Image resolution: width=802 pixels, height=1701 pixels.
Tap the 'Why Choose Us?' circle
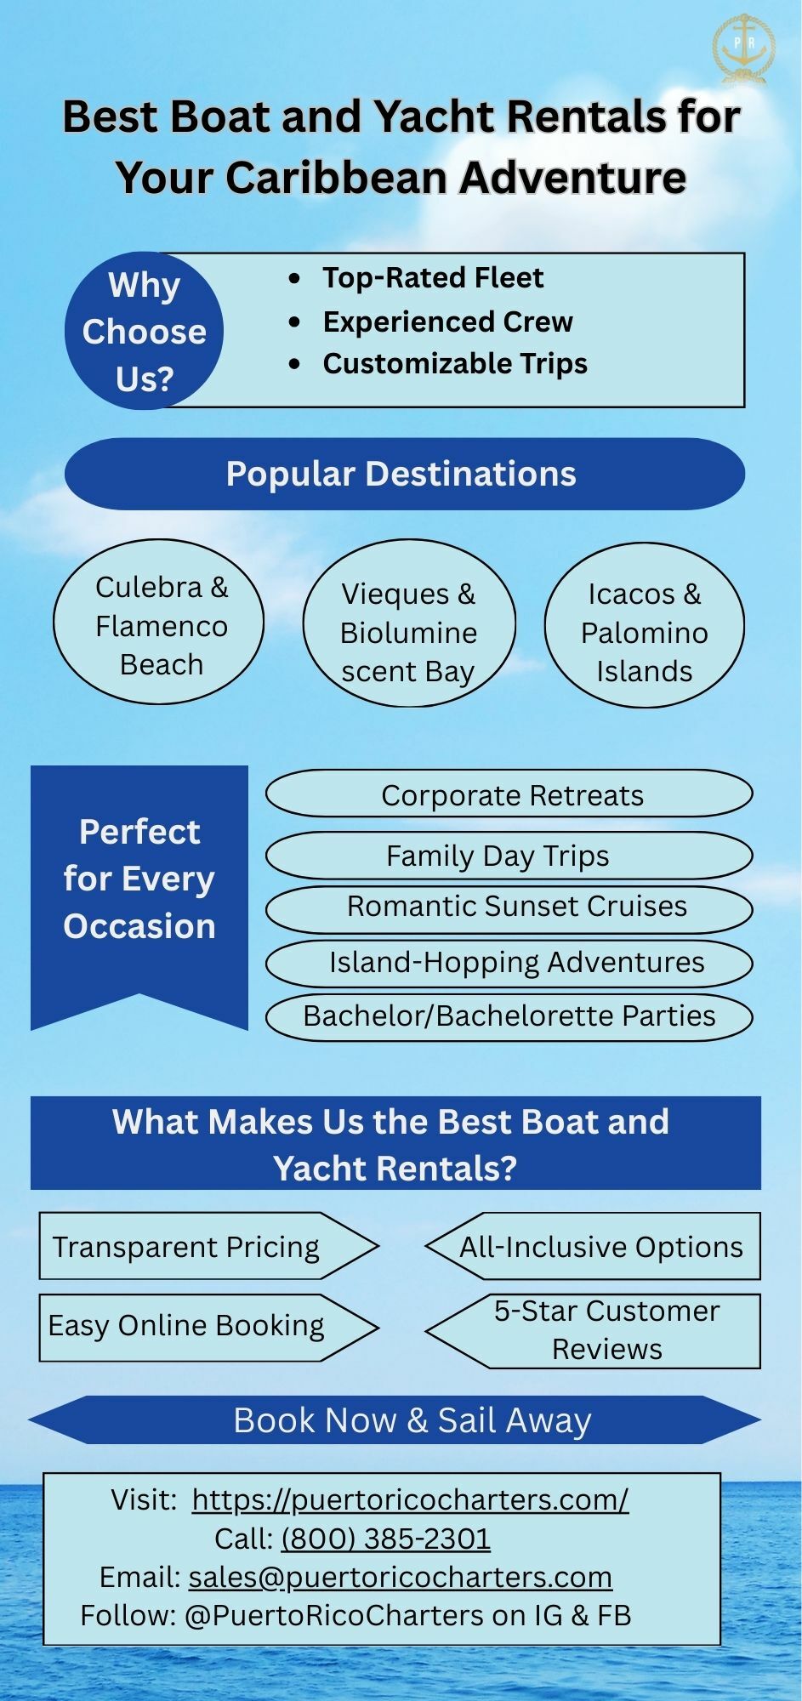[x=144, y=331]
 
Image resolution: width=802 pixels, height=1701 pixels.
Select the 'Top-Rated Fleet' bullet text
[x=432, y=277]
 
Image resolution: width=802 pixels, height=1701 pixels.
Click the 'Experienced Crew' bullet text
[x=447, y=321]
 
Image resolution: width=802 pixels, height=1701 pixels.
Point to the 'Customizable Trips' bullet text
[x=455, y=364]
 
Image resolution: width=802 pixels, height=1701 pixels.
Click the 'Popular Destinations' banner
[x=405, y=474]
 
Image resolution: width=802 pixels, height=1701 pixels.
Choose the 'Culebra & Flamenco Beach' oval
[x=159, y=622]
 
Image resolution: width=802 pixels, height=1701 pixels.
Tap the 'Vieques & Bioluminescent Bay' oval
[x=409, y=623]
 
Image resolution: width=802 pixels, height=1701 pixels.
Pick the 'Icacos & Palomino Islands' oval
[x=645, y=625]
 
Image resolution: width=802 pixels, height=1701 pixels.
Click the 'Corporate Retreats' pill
[x=509, y=794]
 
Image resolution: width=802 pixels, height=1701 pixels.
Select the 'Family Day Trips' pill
[x=509, y=856]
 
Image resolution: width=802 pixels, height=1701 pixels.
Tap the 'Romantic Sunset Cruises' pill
[x=509, y=908]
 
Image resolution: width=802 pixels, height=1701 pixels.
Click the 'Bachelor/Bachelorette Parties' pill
[x=509, y=1016]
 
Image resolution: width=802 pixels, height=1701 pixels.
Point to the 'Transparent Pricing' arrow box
[x=208, y=1246]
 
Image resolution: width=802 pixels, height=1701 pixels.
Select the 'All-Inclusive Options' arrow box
[x=594, y=1246]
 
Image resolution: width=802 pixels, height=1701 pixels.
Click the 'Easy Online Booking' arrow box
[x=208, y=1328]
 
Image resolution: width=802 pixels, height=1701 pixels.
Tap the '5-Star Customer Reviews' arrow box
[x=594, y=1331]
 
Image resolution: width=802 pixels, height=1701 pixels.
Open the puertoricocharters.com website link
[x=410, y=1499]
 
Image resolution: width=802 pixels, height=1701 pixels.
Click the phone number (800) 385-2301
[x=386, y=1539]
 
